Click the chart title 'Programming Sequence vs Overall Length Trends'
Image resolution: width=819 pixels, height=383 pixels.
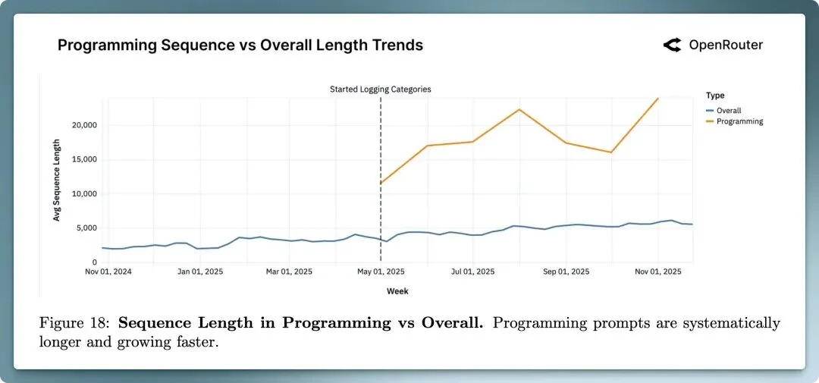tap(240, 46)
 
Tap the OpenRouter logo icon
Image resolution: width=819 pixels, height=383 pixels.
tap(672, 46)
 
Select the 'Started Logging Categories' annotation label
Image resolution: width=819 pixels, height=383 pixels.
tap(380, 89)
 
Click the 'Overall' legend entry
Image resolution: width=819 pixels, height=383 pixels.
tap(728, 110)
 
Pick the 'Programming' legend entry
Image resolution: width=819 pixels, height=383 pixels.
tap(739, 121)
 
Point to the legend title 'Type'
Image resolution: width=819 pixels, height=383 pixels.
tap(714, 96)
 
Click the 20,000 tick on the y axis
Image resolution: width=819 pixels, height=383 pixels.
tap(80, 125)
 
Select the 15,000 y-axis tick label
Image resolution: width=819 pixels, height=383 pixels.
tap(80, 159)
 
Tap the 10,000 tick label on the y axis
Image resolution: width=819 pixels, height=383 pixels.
tap(80, 193)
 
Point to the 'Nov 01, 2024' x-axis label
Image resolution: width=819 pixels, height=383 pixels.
tap(108, 271)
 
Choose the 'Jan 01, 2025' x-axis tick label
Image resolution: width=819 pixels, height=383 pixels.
tap(200, 271)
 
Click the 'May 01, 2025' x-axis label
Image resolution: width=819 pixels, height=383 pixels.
tap(381, 271)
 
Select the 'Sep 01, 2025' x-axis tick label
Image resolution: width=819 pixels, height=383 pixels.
tap(567, 271)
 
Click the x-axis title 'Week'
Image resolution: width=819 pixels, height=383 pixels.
tap(397, 290)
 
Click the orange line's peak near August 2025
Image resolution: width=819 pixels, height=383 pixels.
tap(519, 109)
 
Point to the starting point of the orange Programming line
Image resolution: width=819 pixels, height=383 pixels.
tap(381, 183)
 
